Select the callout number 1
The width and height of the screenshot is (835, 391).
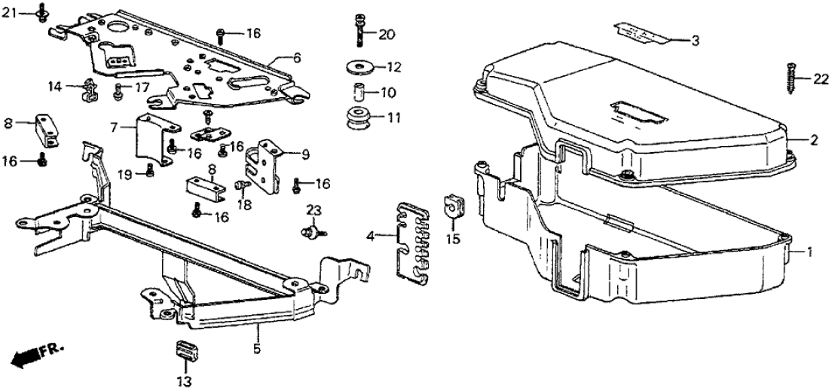(809, 253)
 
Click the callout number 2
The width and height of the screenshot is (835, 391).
(813, 140)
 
